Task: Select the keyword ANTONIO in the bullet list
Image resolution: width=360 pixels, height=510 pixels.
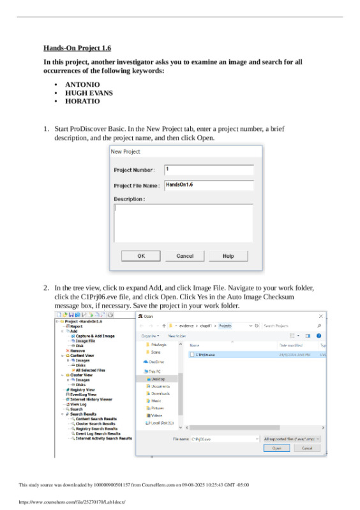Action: click(x=82, y=84)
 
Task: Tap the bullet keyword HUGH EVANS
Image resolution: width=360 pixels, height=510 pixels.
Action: click(x=89, y=93)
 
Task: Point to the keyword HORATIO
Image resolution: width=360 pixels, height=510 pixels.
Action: click(x=82, y=101)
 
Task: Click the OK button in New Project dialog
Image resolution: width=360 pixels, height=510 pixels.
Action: click(x=141, y=256)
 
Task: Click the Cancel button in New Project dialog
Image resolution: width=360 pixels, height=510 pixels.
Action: click(x=184, y=256)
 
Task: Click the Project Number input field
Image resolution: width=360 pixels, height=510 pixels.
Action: click(x=209, y=170)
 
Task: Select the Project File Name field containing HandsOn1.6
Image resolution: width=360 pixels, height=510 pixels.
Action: click(x=209, y=185)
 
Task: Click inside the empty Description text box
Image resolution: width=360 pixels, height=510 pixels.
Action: click(x=183, y=223)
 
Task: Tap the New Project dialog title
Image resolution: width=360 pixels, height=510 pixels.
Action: click(x=126, y=151)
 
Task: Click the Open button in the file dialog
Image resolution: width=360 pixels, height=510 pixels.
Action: click(x=276, y=448)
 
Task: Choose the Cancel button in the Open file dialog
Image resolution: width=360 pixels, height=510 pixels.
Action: click(x=306, y=448)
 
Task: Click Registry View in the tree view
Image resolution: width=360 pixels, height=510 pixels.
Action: click(x=82, y=389)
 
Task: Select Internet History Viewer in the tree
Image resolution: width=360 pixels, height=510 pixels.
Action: click(x=91, y=400)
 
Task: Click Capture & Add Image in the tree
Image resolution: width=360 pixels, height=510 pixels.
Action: click(x=95, y=336)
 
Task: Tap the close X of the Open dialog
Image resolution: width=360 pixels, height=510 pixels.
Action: click(x=320, y=316)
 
